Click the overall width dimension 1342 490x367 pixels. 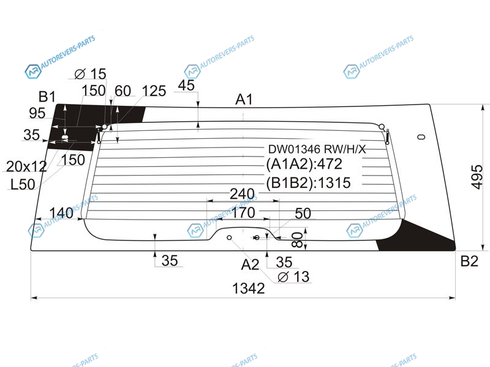249,288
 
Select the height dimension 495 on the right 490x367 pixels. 477,177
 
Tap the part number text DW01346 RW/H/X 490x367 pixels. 317,149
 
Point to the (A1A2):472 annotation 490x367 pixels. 304,164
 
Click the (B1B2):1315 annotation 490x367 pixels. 308,183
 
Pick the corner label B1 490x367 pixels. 47,97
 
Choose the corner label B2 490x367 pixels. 469,261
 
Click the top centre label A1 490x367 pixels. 244,100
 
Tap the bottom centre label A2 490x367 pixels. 250,265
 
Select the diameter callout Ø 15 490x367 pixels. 91,74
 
